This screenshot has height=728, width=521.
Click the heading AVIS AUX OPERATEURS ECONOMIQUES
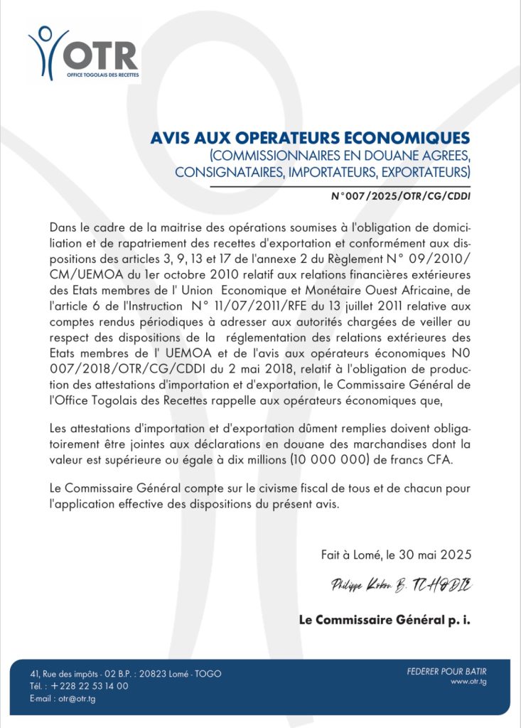[310, 138]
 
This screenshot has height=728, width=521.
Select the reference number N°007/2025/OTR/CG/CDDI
[401, 195]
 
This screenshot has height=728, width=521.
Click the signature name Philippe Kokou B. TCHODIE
[400, 585]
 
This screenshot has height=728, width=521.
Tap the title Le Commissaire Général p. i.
[385, 620]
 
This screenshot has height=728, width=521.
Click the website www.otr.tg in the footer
[468, 682]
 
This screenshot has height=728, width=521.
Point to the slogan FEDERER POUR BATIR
[447, 671]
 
